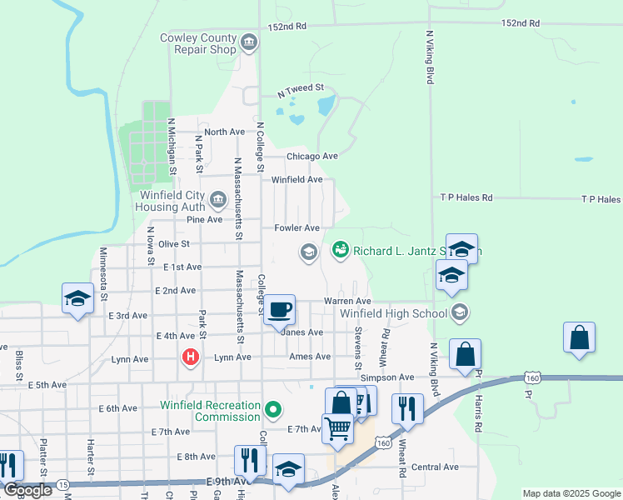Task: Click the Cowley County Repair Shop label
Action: click(x=199, y=43)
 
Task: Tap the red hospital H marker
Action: click(x=191, y=357)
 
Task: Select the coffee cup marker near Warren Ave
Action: click(x=280, y=310)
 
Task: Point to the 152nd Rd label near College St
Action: click(x=287, y=27)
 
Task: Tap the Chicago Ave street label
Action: click(x=312, y=156)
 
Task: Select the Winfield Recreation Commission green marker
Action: click(x=272, y=409)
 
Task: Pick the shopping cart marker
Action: click(x=338, y=428)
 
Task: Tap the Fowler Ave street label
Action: click(x=297, y=227)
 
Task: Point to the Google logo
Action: click(x=28, y=490)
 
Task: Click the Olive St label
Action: click(x=174, y=244)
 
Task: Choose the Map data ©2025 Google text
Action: click(x=571, y=493)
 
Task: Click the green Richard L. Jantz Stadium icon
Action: click(x=340, y=249)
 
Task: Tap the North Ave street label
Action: click(x=224, y=132)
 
